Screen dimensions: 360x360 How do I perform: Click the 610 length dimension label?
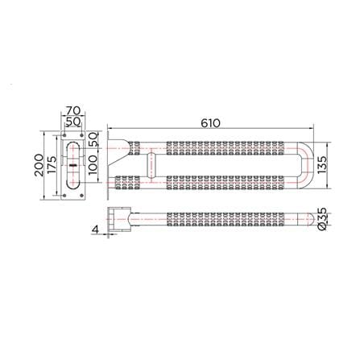pyautogui.click(x=210, y=123)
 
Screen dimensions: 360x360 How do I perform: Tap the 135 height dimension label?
pyautogui.click(x=322, y=165)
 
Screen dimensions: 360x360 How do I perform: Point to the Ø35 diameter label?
pyautogui.click(x=322, y=218)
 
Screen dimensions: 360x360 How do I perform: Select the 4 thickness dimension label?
pyautogui.click(x=95, y=230)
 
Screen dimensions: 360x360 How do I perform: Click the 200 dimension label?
pyautogui.click(x=39, y=165)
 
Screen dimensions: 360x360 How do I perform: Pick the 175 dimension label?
pyautogui.click(x=52, y=165)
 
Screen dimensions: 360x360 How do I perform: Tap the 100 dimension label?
pyautogui.click(x=93, y=165)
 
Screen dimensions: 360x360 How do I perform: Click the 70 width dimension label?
pyautogui.click(x=73, y=110)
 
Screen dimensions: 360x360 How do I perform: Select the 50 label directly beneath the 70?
pyautogui.click(x=73, y=122)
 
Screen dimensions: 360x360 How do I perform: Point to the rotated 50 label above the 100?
pyautogui.click(x=93, y=140)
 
